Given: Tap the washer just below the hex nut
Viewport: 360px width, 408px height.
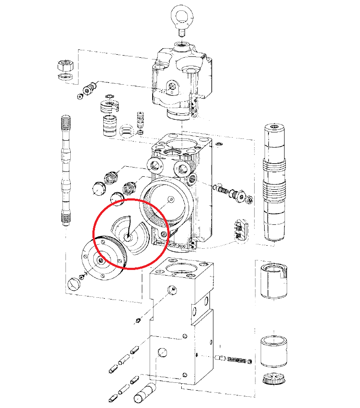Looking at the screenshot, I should click(65, 77).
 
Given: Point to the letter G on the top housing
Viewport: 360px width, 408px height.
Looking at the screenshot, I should click(172, 92).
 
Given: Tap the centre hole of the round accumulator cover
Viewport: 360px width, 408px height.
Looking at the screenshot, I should click(101, 260).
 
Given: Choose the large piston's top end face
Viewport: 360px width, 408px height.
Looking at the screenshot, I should click(274, 128).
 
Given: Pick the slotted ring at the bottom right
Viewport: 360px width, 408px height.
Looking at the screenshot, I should click(274, 378).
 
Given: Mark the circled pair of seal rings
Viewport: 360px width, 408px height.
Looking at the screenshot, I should click(126, 130).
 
